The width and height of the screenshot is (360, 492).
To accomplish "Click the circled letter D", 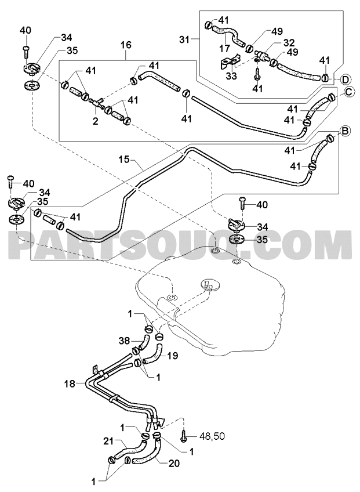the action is click(345, 79).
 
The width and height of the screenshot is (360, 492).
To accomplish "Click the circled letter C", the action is click(350, 92).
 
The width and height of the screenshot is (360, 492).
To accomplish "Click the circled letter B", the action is click(344, 132).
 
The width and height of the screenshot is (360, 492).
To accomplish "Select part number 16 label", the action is click(126, 45).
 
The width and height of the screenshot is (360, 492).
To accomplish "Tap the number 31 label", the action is click(185, 39).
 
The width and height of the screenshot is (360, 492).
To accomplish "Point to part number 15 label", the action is click(124, 160).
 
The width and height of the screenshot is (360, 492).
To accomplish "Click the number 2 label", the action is click(95, 121).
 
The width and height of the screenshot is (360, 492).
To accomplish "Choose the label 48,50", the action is click(212, 436).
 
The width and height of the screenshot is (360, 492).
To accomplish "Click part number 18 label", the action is click(70, 383).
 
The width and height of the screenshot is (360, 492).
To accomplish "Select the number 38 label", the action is click(125, 341).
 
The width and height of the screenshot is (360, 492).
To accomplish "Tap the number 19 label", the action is click(173, 356).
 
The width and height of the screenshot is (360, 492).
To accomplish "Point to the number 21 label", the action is click(108, 442).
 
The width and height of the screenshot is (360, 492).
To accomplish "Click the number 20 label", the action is click(174, 463).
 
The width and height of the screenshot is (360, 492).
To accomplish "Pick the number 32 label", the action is click(289, 42).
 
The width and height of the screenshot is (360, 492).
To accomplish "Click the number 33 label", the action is click(231, 75).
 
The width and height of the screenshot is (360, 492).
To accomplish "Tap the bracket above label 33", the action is click(230, 63).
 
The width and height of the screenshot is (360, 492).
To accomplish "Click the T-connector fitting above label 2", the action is click(97, 102).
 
